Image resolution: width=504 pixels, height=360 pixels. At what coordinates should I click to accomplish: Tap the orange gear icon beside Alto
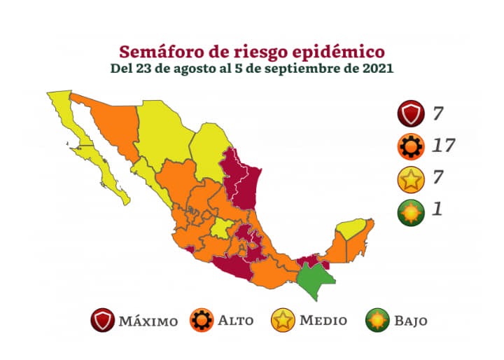pos(204,321)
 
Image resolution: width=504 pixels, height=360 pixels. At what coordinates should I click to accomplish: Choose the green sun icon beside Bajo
pos(377,321)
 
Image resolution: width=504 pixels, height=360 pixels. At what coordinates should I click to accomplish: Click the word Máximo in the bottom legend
pos(148,321)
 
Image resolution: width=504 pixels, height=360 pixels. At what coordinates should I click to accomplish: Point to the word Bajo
pos(410,321)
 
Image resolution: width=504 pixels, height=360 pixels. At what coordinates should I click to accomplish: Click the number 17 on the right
pos(444,146)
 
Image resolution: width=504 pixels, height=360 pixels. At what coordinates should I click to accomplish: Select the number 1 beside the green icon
pos(437,209)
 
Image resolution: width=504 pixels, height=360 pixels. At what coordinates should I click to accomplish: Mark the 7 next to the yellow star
pos(438,177)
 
